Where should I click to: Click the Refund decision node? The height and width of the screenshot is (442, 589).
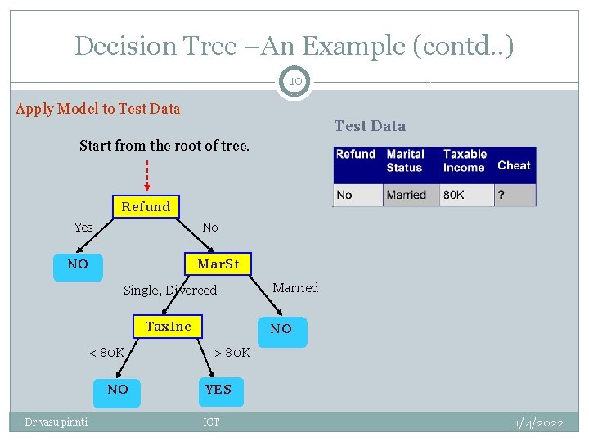(x=146, y=206)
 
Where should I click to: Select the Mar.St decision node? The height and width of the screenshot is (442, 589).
(x=218, y=264)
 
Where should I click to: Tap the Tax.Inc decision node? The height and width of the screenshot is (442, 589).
(x=168, y=327)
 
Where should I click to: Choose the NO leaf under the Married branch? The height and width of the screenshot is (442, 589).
(x=281, y=329)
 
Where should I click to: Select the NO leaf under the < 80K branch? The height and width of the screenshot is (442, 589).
(x=118, y=390)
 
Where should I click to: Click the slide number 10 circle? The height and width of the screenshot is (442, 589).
(x=294, y=82)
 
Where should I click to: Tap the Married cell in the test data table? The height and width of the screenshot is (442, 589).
(x=406, y=195)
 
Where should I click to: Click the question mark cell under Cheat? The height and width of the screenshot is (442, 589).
(x=515, y=195)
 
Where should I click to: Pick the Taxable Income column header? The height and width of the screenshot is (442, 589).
(x=465, y=160)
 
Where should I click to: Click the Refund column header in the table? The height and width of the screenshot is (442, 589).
(x=356, y=155)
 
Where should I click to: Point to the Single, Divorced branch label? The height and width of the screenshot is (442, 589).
(x=169, y=291)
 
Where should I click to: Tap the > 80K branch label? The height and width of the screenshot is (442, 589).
(x=232, y=353)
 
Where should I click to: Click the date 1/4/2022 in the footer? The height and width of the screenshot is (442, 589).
(x=538, y=422)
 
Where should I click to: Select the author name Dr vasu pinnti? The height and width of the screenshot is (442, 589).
(x=56, y=422)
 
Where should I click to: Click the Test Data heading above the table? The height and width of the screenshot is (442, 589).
(x=369, y=126)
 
